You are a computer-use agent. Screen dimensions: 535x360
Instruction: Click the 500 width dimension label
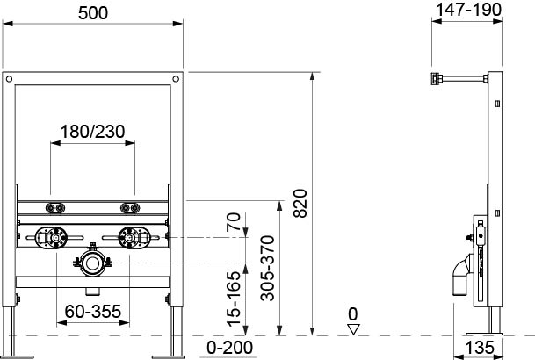click(93, 13)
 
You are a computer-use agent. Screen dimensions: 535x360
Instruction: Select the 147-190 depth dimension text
click(469, 10)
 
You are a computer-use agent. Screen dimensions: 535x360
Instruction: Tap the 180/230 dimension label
click(92, 132)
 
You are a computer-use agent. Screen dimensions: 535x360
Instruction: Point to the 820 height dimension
click(300, 203)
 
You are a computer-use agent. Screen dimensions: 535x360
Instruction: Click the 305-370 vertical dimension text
click(267, 268)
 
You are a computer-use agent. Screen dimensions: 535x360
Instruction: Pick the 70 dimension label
click(234, 222)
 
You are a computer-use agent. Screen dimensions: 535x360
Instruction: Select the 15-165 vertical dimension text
click(234, 299)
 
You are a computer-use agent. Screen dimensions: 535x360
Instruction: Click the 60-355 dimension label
click(93, 311)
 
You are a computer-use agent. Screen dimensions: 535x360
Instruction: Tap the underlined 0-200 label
click(229, 348)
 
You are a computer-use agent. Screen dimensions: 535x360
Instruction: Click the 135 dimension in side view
click(479, 348)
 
